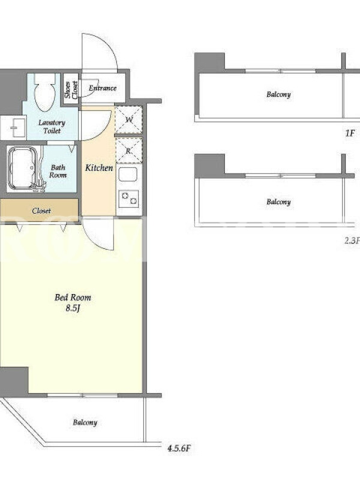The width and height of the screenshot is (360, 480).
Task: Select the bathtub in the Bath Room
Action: tap(22, 169)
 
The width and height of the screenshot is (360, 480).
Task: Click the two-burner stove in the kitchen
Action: tap(128, 199)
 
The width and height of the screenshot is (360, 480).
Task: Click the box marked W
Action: tap(129, 119)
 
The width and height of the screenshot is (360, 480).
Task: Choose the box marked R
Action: tap(129, 151)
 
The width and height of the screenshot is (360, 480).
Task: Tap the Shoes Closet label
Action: tap(71, 89)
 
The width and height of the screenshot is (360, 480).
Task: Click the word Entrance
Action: tap(103, 88)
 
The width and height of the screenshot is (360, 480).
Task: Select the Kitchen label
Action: tap(99, 168)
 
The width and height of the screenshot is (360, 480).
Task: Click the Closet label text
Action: tap(41, 211)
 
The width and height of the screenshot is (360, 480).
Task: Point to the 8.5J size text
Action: tap(73, 308)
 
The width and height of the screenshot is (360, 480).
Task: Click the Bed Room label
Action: tap(73, 297)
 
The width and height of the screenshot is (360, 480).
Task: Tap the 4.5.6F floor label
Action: tap(179, 449)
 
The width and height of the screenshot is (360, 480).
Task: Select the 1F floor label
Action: tap(350, 133)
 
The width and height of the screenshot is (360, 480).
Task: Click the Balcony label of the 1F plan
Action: tap(278, 94)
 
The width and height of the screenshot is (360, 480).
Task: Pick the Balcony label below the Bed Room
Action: tap(85, 423)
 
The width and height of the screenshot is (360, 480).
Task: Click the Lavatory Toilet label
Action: tap(52, 127)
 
